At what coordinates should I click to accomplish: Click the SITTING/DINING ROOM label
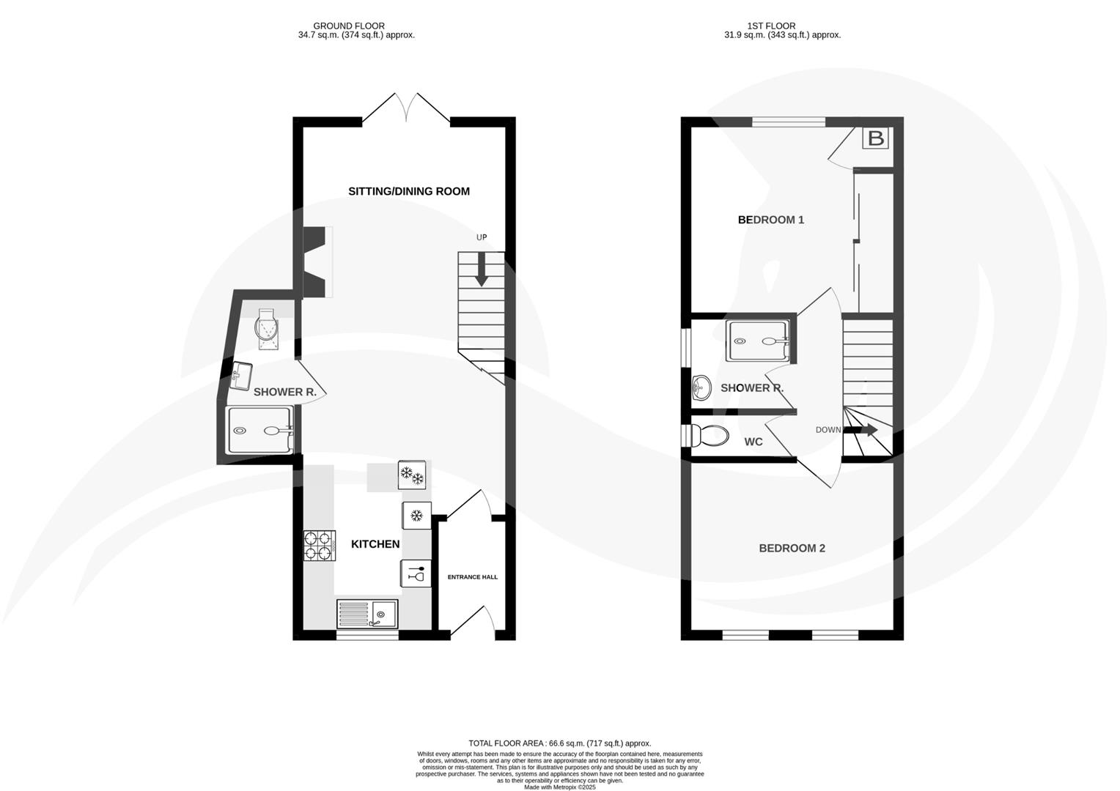(x=408, y=191)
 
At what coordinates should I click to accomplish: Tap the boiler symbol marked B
(x=875, y=138)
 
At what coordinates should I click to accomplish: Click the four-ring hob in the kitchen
(x=320, y=546)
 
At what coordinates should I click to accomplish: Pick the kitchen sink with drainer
(x=366, y=614)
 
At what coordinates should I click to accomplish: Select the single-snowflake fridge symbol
(x=416, y=516)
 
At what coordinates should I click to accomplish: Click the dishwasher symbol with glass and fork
(x=416, y=573)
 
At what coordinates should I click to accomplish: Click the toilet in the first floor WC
(x=710, y=437)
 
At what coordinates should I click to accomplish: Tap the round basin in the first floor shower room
(x=701, y=387)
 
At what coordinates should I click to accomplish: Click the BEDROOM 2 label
(x=792, y=548)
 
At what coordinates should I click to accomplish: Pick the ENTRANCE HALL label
(x=472, y=577)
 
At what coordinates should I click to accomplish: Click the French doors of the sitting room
(x=407, y=108)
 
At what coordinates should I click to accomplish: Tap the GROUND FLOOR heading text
(x=349, y=26)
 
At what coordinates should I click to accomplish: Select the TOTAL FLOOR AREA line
(x=559, y=743)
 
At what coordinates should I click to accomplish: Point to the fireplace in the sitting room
(x=315, y=261)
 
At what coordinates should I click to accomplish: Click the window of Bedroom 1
(x=789, y=122)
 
